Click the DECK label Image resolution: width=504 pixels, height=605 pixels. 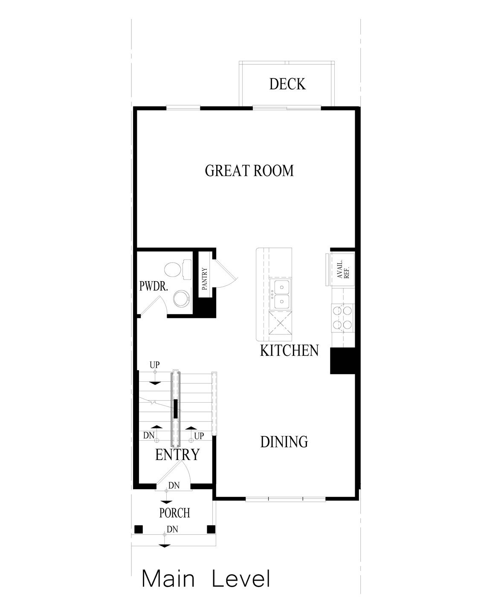tap(287, 84)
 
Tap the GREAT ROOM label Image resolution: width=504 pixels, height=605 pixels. tap(249, 171)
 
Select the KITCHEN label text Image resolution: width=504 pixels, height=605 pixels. tap(289, 351)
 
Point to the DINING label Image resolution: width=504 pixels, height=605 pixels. tap(284, 442)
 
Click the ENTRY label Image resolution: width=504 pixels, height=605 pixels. tap(177, 455)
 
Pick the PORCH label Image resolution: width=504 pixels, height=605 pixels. tap(174, 513)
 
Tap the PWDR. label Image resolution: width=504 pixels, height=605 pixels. tap(154, 286)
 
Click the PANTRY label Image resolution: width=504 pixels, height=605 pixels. tap(204, 279)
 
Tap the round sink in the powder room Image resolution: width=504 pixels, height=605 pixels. tap(182, 298)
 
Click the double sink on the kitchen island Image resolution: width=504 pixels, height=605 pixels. tap(281, 294)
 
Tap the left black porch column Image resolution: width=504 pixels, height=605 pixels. tap(138, 529)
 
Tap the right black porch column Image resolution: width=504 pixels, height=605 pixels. tap(210, 529)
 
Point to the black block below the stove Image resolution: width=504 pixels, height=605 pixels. tap(343, 361)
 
